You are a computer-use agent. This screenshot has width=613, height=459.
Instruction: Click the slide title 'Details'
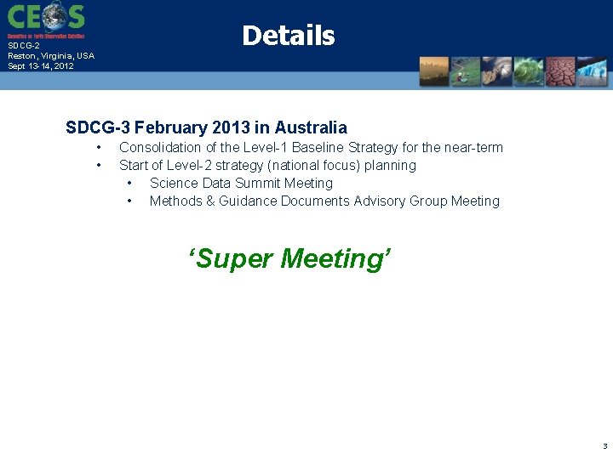click(x=288, y=36)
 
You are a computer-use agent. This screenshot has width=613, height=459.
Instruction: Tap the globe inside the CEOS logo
click(x=53, y=16)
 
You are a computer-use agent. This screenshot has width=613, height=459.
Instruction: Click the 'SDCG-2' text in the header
click(x=24, y=46)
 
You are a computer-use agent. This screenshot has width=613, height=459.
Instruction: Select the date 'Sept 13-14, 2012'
click(x=41, y=65)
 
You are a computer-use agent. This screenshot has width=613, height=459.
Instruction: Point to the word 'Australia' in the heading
click(x=311, y=128)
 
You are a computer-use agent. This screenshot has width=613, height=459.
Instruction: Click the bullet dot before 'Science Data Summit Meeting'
click(x=129, y=184)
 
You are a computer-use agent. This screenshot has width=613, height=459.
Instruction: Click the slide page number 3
click(x=604, y=446)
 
